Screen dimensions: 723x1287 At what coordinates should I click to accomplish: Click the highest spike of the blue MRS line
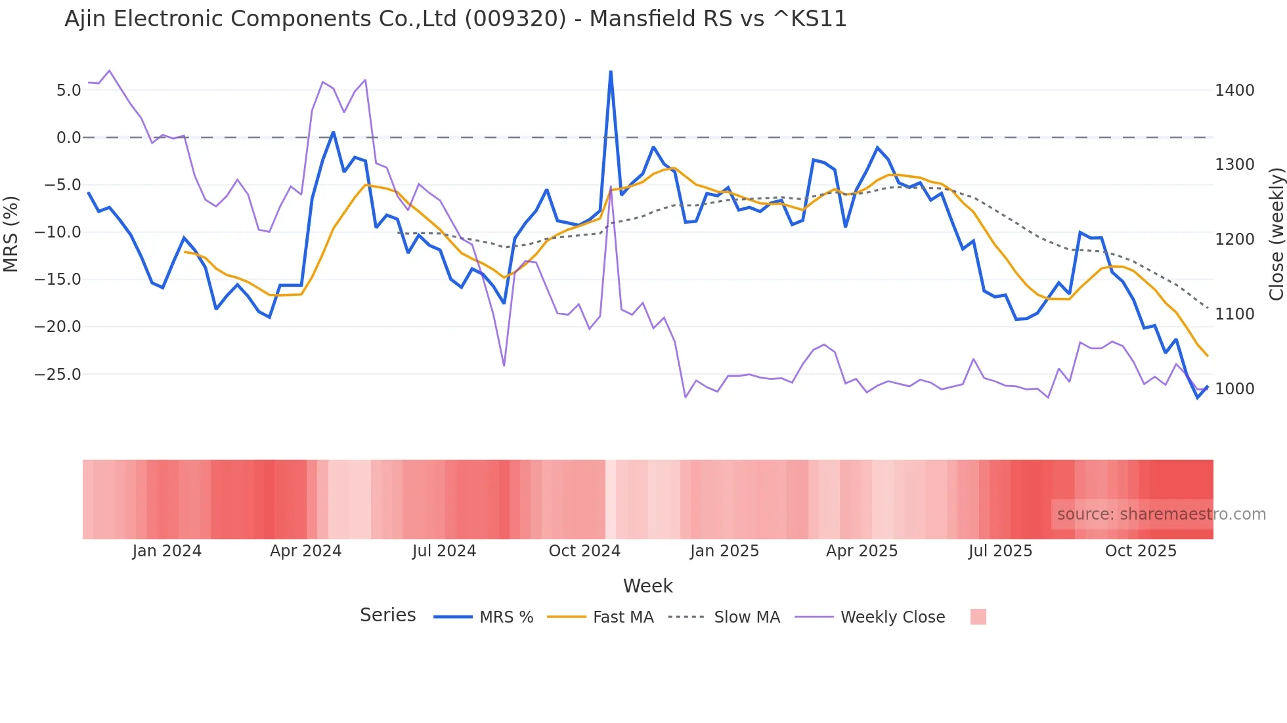611,72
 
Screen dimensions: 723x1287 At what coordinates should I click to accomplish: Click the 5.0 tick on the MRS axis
68,91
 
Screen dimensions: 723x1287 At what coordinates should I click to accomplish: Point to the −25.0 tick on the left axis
58,375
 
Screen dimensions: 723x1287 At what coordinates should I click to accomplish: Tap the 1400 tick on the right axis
1234,91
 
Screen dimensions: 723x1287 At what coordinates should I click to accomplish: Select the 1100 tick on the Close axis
1234,314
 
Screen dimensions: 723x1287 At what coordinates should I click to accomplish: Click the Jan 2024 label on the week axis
167,551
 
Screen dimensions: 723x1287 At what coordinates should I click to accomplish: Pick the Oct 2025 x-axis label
1141,551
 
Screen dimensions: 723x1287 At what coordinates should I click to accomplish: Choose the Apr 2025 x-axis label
862,551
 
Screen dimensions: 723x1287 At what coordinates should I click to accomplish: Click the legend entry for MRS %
506,617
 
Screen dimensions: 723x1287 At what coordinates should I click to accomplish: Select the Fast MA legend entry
622,617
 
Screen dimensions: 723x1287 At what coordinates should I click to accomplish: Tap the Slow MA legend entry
747,617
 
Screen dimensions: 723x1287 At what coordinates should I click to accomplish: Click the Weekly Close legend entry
892,617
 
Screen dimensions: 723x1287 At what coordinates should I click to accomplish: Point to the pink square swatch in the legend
978,617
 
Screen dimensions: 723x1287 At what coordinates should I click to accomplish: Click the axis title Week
647,586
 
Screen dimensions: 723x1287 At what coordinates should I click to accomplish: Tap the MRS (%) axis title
11,234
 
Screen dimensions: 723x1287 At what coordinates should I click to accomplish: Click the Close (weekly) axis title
1276,234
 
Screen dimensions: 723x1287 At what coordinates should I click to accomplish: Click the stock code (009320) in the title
515,19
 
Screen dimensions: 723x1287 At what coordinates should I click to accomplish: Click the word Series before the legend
387,615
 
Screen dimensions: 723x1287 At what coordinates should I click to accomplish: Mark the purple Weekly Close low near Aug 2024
504,365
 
